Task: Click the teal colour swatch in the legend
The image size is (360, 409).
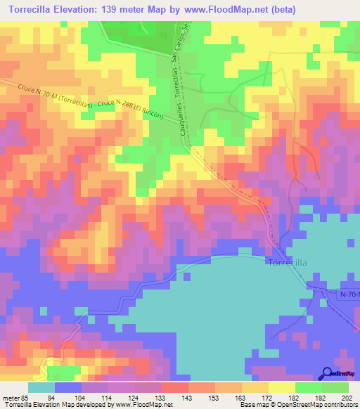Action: [41, 387]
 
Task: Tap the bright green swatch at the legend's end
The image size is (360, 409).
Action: [335, 387]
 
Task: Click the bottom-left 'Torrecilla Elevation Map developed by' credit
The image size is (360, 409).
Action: [59, 405]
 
